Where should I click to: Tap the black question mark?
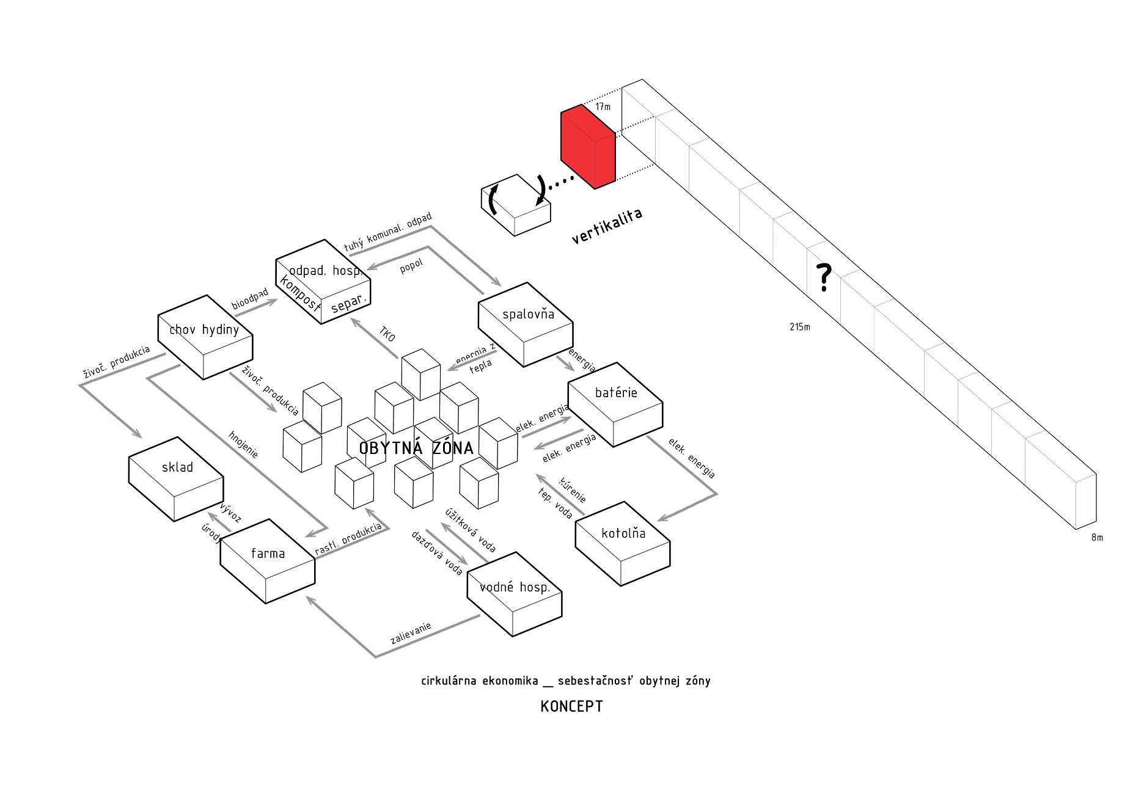click(824, 277)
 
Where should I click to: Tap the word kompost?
click(300, 293)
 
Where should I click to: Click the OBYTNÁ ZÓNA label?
click(416, 448)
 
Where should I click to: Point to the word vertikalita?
click(607, 226)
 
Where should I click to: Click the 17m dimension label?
click(603, 107)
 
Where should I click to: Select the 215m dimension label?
click(799, 327)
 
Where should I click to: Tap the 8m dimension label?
click(1098, 538)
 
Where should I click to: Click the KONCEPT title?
click(571, 706)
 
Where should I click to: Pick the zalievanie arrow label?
click(411, 633)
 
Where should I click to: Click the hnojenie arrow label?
click(243, 444)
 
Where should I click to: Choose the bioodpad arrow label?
click(250, 299)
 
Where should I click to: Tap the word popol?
click(411, 266)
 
